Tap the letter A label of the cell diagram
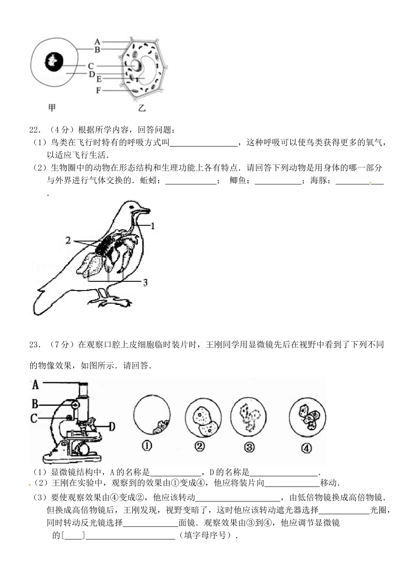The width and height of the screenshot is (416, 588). pyautogui.click(x=97, y=42)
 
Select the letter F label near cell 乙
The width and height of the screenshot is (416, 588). pyautogui.click(x=99, y=91)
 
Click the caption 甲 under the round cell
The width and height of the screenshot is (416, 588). pyautogui.click(x=52, y=108)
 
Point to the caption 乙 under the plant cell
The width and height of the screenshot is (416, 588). pyautogui.click(x=141, y=108)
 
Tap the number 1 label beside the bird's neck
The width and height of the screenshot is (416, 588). pyautogui.click(x=153, y=226)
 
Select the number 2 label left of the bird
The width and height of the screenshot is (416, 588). pyautogui.click(x=68, y=240)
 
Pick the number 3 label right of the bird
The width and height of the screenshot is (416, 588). pyautogui.click(x=145, y=283)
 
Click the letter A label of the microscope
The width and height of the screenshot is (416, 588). pyautogui.click(x=35, y=385)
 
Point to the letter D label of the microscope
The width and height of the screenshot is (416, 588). pyautogui.click(x=112, y=426)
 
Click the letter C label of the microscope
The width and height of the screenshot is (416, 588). pyautogui.click(x=34, y=418)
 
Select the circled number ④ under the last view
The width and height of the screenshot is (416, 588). pyautogui.click(x=307, y=448)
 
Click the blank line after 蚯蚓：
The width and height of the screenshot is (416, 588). pyautogui.click(x=190, y=181)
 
